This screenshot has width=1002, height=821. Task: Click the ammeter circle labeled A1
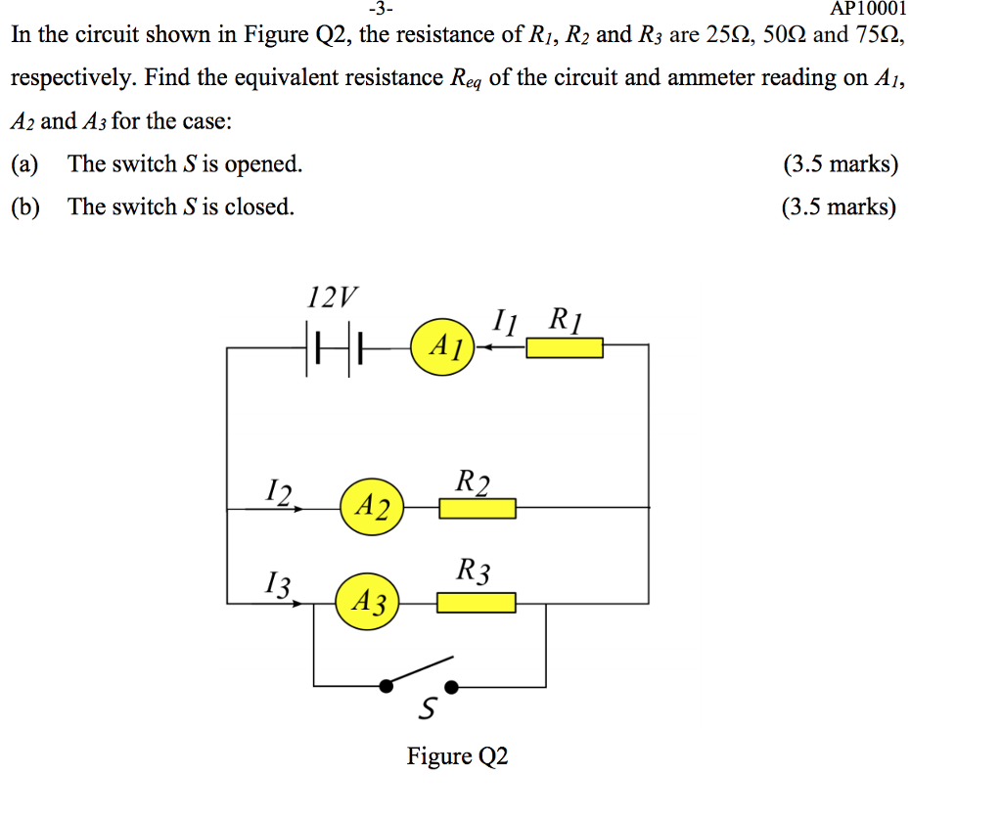(x=442, y=346)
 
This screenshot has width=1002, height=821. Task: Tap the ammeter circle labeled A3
(x=367, y=602)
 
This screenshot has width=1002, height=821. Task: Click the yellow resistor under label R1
(x=565, y=347)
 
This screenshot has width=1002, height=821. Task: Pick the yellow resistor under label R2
(x=477, y=508)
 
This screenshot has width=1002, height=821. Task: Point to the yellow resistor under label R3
(x=476, y=603)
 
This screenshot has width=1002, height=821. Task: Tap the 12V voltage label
(x=333, y=297)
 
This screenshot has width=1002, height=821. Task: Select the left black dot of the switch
(x=387, y=687)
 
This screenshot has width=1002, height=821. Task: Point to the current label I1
(x=507, y=320)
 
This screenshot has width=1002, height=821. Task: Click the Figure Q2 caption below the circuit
(x=458, y=756)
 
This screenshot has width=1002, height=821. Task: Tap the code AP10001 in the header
(x=868, y=10)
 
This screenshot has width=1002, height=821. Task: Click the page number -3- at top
(x=382, y=10)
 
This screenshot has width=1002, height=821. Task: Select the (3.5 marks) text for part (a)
(x=840, y=164)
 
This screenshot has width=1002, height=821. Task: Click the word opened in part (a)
(x=267, y=164)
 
